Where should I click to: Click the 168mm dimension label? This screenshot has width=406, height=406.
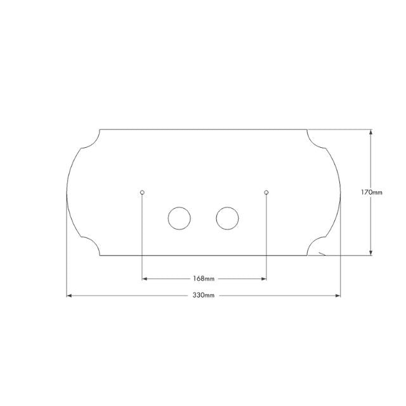(x=204, y=278)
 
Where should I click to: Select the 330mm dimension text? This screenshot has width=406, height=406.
(x=204, y=296)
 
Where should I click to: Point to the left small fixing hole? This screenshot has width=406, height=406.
(x=142, y=192)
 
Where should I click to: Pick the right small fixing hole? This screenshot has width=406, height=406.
(x=266, y=192)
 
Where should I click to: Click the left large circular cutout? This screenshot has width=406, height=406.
(x=179, y=218)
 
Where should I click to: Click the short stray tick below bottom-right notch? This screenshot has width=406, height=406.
(x=323, y=254)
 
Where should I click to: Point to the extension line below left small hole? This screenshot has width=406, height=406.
(x=142, y=235)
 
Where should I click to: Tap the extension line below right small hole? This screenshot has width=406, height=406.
(x=266, y=235)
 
